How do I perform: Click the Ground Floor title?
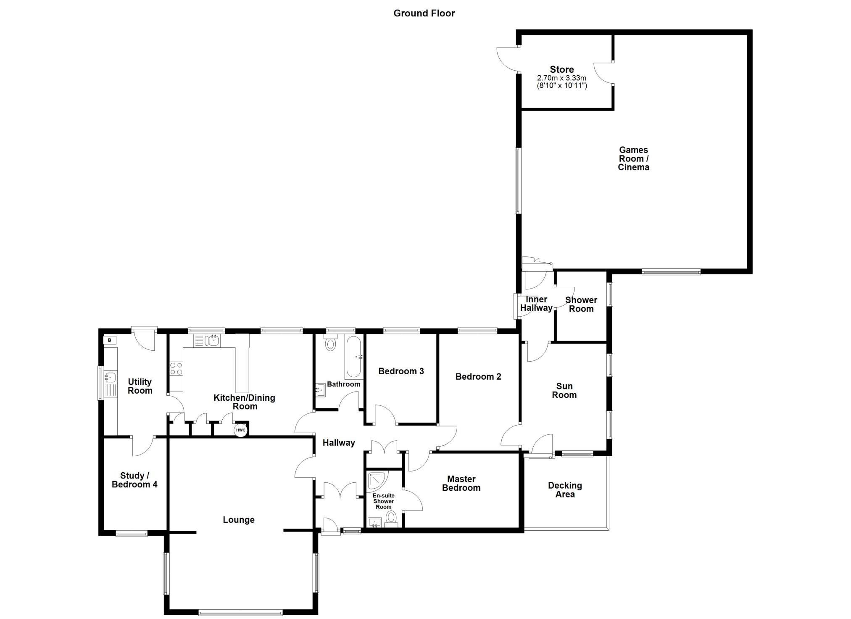point(424,13)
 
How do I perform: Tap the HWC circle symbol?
point(240,430)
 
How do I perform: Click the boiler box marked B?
point(110,340)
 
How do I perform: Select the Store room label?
point(562,69)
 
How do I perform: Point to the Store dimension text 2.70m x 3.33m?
point(562,78)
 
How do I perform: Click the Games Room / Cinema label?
point(633,159)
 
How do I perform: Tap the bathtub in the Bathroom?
point(353,357)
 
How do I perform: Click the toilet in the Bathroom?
point(331,343)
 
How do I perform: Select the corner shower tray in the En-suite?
point(378,481)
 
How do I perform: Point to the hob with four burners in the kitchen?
point(176,369)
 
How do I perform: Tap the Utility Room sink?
point(110,377)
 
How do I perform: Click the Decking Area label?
point(565,490)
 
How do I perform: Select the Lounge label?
point(239,520)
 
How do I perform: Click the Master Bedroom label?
point(461,484)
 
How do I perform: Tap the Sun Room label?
point(564,391)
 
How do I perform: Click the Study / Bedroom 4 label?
point(134,480)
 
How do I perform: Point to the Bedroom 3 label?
point(401,371)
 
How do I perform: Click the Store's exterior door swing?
point(508,59)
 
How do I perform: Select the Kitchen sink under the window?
point(207,341)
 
